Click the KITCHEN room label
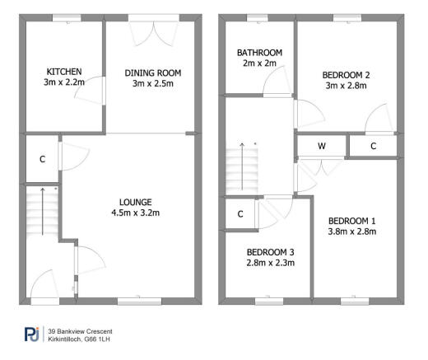[63, 72]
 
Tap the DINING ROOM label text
[152, 73]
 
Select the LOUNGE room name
[135, 202]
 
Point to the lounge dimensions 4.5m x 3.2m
[135, 213]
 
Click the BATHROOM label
[259, 53]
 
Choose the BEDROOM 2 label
[346, 75]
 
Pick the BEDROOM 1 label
[351, 221]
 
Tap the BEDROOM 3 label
[271, 252]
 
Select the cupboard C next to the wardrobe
[373, 147]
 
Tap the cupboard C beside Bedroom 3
[240, 214]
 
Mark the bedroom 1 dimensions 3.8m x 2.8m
[351, 231]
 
